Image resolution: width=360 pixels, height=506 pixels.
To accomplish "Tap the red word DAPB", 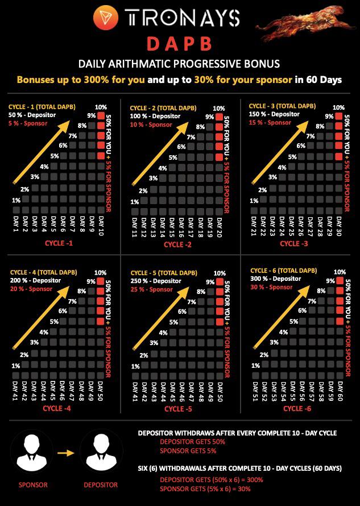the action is click(180, 44).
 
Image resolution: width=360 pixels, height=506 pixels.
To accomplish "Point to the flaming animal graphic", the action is click(305, 23).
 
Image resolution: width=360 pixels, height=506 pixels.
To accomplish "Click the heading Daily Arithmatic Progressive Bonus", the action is click(179, 64).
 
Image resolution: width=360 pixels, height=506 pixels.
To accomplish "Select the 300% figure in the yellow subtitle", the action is click(96, 80).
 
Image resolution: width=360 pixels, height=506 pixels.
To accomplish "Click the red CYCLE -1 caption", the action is click(59, 243).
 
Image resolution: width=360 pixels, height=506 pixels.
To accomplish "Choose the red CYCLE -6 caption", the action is click(297, 409).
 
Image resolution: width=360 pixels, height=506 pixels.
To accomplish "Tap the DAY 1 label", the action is click(16, 224).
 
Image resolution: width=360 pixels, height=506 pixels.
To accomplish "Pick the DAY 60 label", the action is click(340, 391).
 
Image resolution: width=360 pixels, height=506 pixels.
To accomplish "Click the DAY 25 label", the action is click(292, 226).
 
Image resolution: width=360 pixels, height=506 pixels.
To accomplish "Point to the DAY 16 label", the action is click(181, 227).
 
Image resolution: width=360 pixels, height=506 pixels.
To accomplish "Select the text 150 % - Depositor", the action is click(274, 114).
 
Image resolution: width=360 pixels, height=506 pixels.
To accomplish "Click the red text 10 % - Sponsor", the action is click(151, 125).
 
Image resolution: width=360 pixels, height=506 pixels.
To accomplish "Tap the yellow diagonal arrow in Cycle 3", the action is click(279, 154).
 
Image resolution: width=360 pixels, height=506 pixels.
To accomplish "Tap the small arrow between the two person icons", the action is click(66, 453).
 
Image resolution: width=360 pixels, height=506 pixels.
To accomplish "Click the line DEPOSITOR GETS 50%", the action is click(192, 442).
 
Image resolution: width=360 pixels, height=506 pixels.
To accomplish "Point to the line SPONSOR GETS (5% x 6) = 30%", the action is click(205, 489).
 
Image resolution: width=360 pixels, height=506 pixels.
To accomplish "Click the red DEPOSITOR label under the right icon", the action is click(101, 485).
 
